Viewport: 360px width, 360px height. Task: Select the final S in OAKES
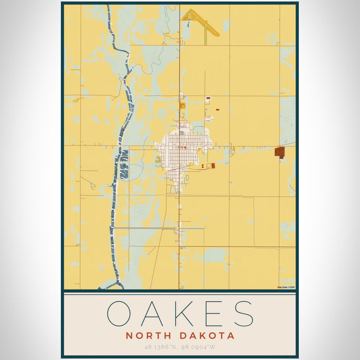(x=242, y=313)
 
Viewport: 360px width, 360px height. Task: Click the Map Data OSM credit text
(x=286, y=287)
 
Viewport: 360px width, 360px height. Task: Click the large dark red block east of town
(x=279, y=152)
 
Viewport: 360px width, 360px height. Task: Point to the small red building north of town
(x=208, y=97)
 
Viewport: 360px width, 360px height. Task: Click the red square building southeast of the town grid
(x=210, y=166)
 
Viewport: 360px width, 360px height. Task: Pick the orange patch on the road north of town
(x=182, y=105)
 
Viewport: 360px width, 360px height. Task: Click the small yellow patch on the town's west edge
(x=158, y=159)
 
